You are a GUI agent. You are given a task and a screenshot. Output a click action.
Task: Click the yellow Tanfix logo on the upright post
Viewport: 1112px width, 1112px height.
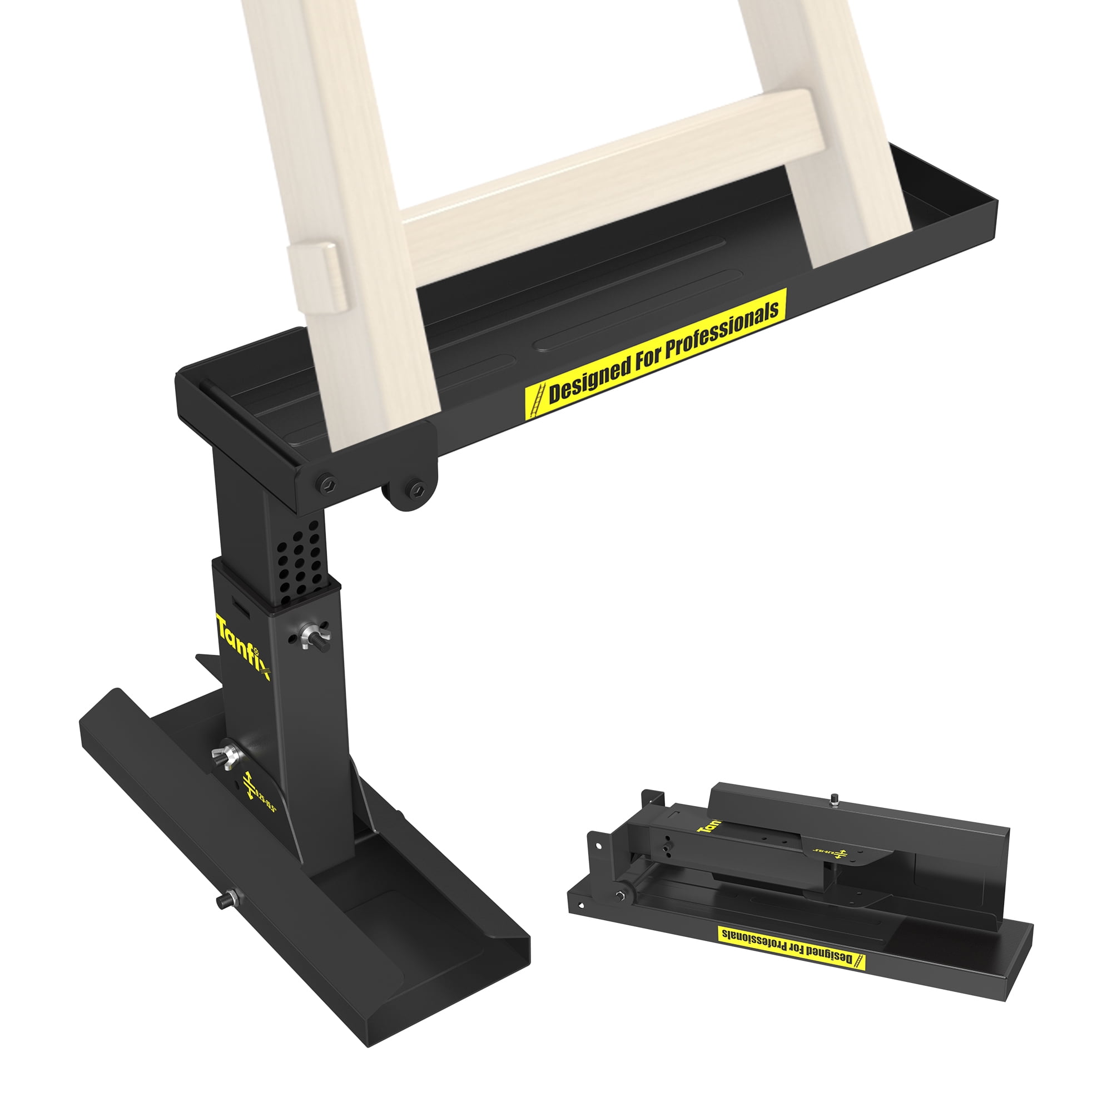[243, 647]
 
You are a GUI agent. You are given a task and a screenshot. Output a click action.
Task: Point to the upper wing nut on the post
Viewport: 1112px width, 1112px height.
[311, 636]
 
